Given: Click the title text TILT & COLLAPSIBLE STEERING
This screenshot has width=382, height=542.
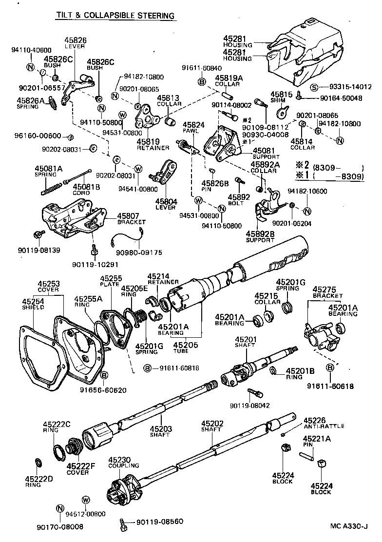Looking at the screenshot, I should [x=115, y=16].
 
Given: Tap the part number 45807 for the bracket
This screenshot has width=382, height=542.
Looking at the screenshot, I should [x=128, y=215].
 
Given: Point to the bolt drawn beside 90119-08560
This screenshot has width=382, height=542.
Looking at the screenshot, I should [x=123, y=524].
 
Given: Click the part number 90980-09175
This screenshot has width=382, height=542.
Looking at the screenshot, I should [x=141, y=252].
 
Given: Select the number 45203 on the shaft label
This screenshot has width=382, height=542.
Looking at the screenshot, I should [x=160, y=429].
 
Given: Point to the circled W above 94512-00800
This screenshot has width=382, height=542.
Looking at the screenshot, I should [x=86, y=500].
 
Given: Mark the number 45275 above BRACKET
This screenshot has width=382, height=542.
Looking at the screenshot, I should [x=323, y=289].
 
